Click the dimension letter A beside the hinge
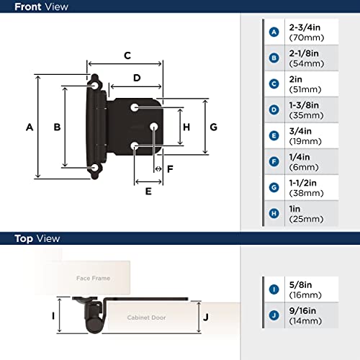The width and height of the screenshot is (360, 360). (x=30, y=127)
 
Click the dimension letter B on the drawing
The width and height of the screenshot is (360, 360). (x=58, y=127)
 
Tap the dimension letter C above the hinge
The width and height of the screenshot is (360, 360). (x=127, y=55)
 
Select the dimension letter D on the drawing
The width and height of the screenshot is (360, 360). (x=136, y=77)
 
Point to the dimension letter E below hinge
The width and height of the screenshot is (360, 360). (x=148, y=192)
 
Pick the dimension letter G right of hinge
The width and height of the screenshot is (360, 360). (x=214, y=127)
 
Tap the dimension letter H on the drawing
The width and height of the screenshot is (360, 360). (x=186, y=127)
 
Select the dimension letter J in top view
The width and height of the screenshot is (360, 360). (x=206, y=315)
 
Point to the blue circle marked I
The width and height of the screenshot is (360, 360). (x=274, y=289)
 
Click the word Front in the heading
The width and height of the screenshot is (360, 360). (x=30, y=7)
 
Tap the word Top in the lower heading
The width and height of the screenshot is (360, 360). (x=24, y=238)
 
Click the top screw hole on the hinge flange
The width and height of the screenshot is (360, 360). (x=94, y=84)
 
